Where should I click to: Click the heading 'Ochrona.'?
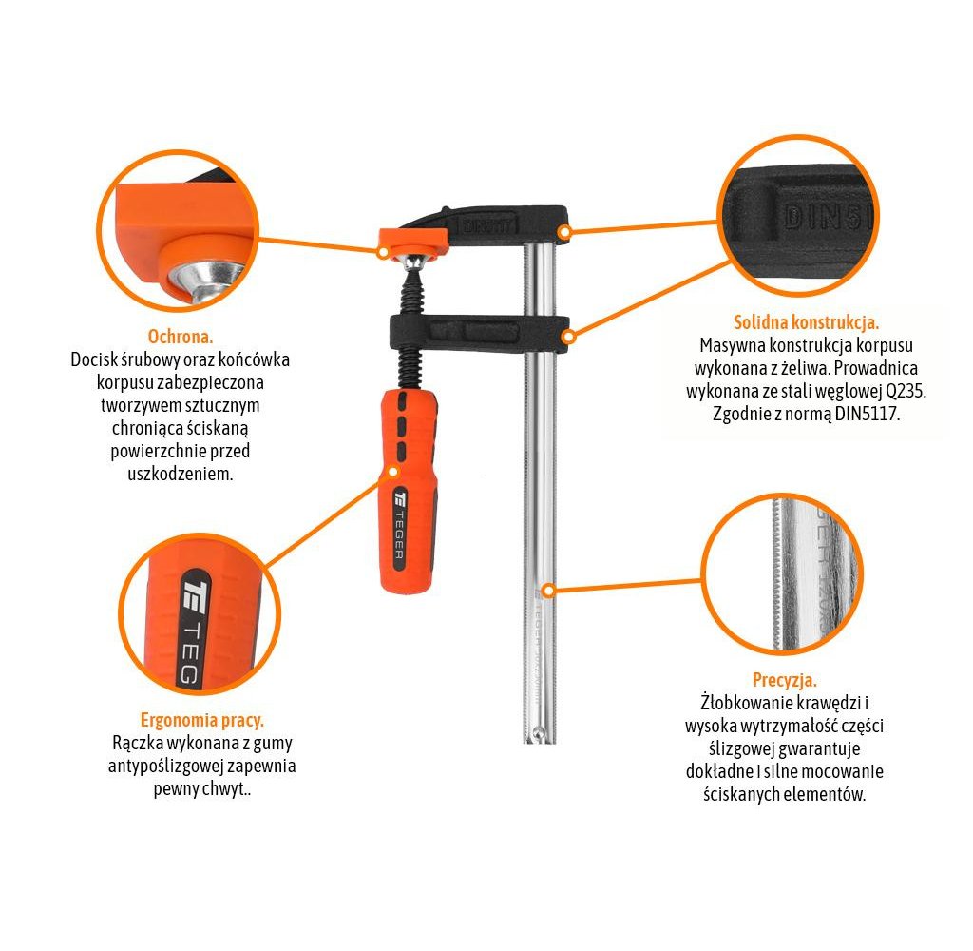[x=180, y=337]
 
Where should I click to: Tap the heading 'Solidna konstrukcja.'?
[x=806, y=322]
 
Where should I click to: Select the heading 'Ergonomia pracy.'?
[x=201, y=720]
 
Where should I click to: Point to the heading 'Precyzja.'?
[x=784, y=680]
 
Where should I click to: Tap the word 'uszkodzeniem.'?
[x=180, y=474]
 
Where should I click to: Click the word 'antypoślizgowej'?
[x=165, y=766]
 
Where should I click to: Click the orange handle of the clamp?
[x=409, y=491]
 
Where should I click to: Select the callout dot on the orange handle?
[x=392, y=472]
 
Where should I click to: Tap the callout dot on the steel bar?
[x=548, y=590]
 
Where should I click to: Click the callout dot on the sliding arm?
[x=568, y=337]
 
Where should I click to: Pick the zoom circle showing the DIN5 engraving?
[x=798, y=215]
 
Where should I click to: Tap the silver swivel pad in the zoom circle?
[x=206, y=281]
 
